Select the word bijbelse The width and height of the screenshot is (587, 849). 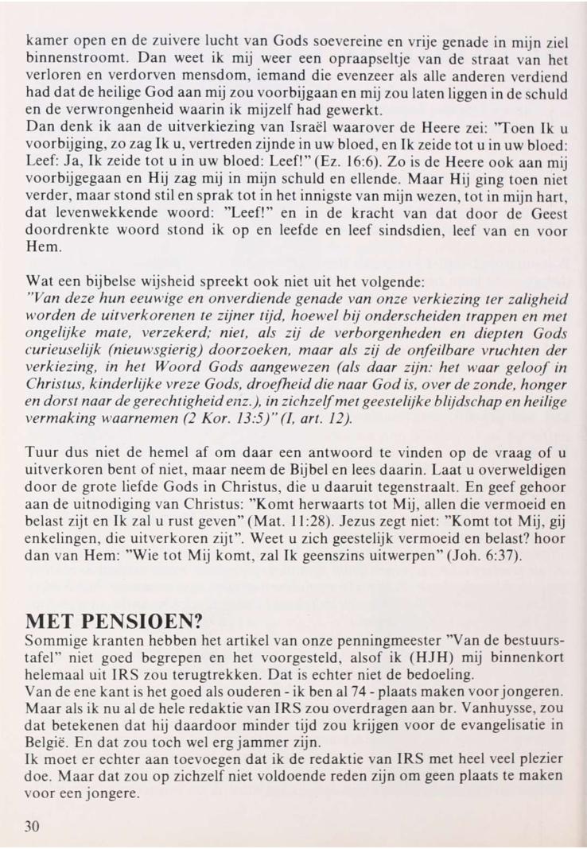(x=110, y=281)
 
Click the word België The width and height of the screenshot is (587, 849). (x=45, y=746)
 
